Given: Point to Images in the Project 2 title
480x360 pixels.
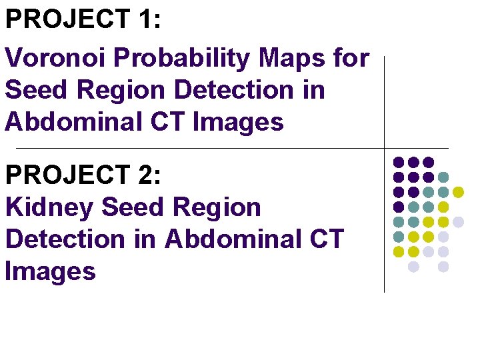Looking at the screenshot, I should pyautogui.click(x=51, y=271).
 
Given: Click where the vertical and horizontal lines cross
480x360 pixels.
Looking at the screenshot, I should pyautogui.click(x=385, y=148).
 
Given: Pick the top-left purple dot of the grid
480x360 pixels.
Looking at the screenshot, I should pyautogui.click(x=399, y=162).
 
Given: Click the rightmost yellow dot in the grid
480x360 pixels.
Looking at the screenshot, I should pyautogui.click(x=458, y=192).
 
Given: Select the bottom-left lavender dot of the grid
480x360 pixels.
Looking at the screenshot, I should pyautogui.click(x=413, y=267).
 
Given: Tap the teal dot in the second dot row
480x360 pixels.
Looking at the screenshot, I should pyautogui.click(x=443, y=177).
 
